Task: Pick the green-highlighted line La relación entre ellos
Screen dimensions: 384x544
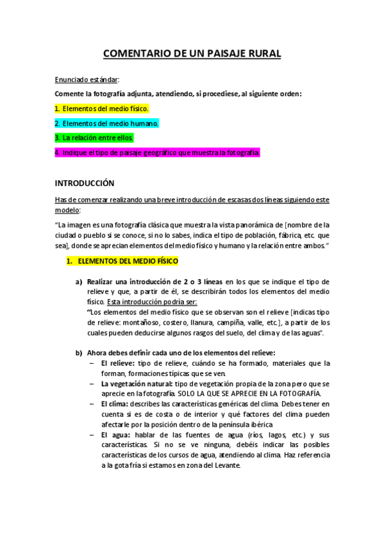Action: click(103, 138)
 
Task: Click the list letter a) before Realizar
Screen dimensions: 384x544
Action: click(79, 281)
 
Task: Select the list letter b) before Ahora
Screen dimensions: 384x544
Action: click(79, 352)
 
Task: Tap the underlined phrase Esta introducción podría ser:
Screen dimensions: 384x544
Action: click(153, 301)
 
